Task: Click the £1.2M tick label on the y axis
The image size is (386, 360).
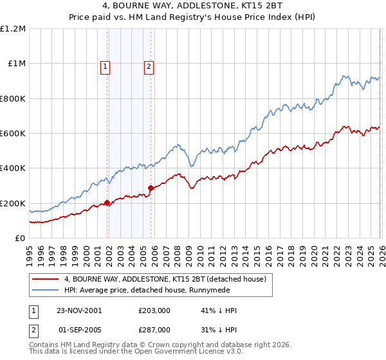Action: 12,29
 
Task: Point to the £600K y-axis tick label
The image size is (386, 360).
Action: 12,134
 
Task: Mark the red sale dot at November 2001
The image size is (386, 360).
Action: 107,203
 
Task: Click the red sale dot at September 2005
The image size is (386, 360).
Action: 151,188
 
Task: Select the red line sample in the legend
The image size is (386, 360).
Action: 46,279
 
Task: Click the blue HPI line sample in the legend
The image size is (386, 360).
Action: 46,290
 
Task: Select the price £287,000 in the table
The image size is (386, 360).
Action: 154,329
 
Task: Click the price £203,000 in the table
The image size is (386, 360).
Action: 154,310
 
